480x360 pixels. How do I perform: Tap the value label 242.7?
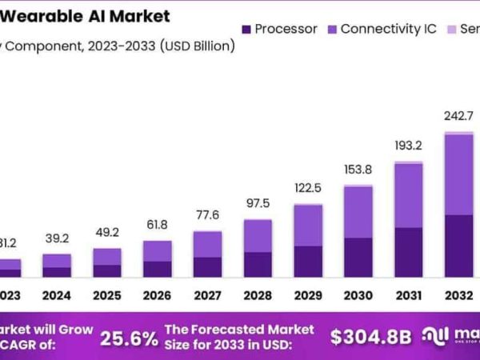(x=459, y=116)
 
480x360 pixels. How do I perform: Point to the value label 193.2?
(x=409, y=146)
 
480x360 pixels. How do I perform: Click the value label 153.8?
(x=358, y=170)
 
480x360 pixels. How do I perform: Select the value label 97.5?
(x=258, y=203)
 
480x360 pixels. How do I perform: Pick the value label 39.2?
(x=56, y=238)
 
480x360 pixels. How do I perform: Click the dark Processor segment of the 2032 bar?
(x=459, y=246)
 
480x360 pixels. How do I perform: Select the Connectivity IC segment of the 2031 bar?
(x=409, y=196)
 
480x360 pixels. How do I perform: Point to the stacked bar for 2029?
(x=308, y=241)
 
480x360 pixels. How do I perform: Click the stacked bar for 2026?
(x=157, y=258)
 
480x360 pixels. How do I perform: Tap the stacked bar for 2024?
(x=56, y=266)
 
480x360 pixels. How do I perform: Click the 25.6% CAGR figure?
(x=129, y=338)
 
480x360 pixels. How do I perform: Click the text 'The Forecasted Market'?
(x=228, y=329)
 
